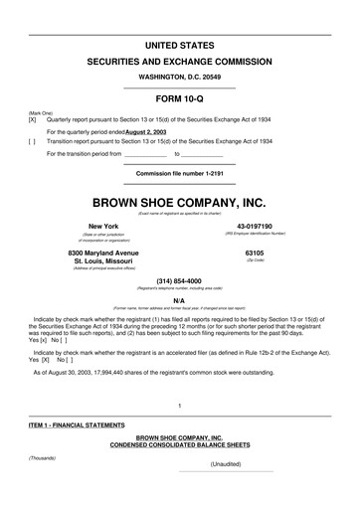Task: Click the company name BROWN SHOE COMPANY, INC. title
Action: pyautogui.click(x=180, y=203)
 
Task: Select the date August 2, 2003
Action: pyautogui.click(x=153, y=130)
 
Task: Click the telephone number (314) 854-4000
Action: pyautogui.click(x=179, y=279)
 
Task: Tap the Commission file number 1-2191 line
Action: pyautogui.click(x=180, y=172)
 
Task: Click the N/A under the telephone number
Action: pyautogui.click(x=179, y=299)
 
